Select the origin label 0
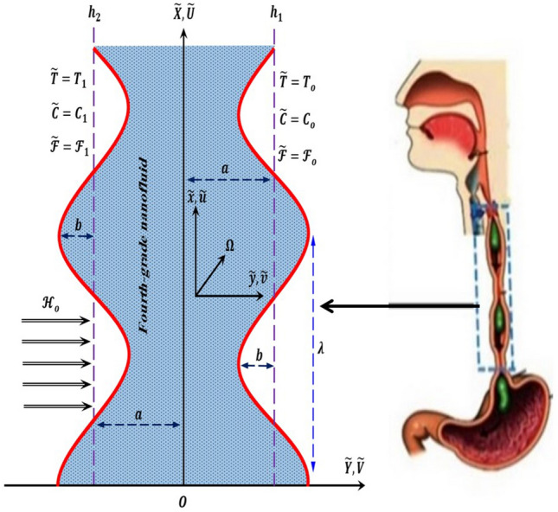[183, 499]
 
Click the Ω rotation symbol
[229, 246]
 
